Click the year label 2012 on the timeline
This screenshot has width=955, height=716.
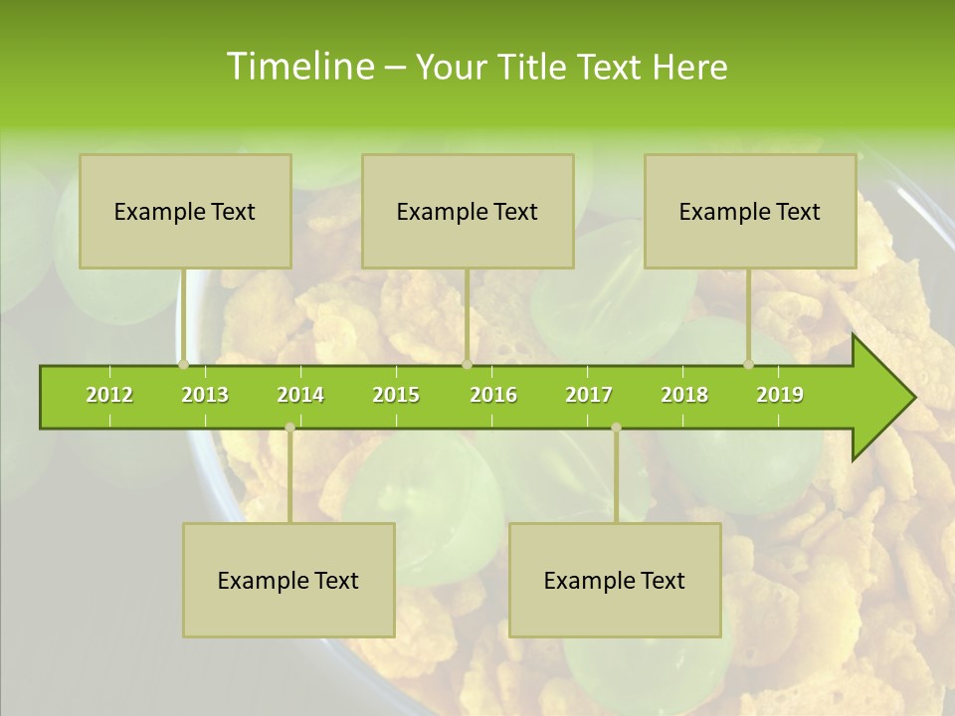(109, 395)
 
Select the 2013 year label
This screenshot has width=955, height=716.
(205, 395)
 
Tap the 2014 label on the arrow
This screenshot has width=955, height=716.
(300, 395)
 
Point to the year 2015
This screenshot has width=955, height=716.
(396, 395)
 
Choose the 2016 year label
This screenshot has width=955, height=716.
(493, 395)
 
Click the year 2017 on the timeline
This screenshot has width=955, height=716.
(589, 395)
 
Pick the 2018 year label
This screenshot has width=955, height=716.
(684, 395)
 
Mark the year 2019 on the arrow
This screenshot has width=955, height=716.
(780, 395)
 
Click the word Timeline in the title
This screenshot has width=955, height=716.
(298, 67)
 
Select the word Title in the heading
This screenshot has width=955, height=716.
(533, 67)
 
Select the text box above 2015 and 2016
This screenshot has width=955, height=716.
(468, 211)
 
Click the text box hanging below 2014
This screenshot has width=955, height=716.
(288, 580)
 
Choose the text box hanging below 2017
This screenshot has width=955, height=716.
(615, 580)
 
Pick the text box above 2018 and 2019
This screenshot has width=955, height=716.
(750, 211)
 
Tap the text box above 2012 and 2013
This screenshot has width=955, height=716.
(185, 211)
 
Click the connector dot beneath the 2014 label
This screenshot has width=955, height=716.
(289, 428)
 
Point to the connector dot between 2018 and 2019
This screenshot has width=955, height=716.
(749, 364)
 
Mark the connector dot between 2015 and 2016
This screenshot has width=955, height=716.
(467, 364)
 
